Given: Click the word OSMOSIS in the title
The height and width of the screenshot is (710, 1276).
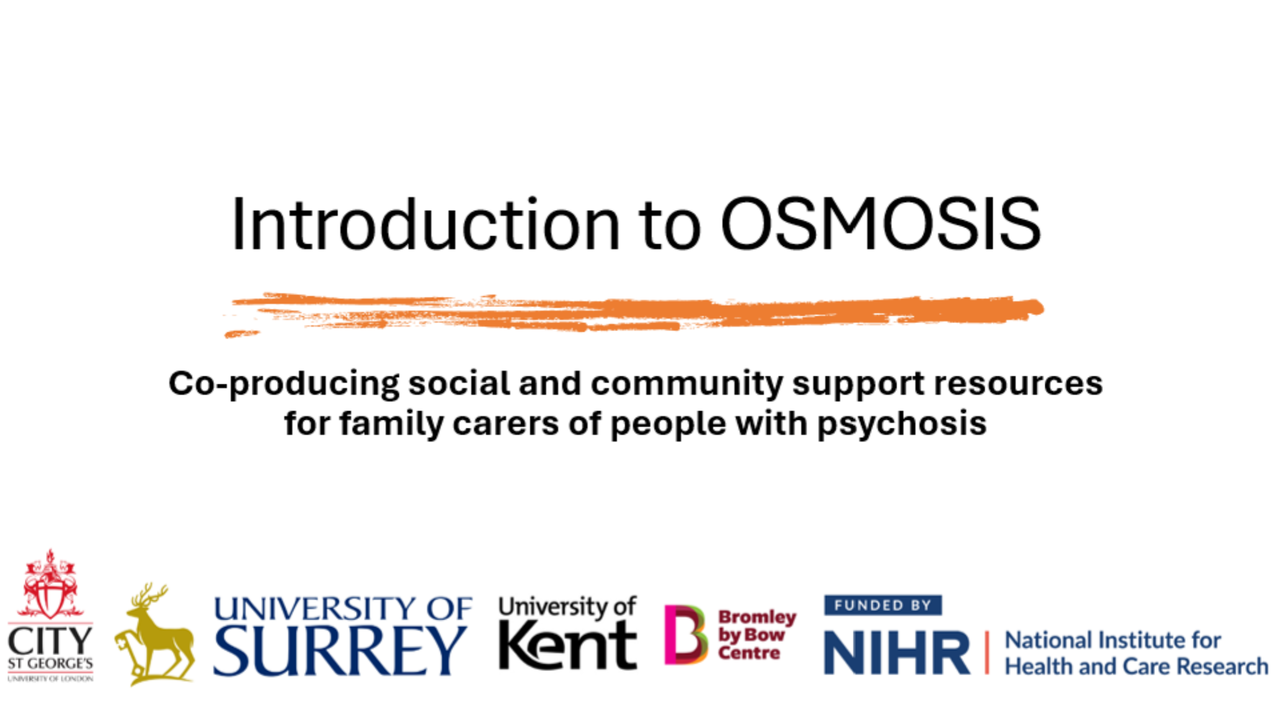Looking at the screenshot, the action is pyautogui.click(x=880, y=224).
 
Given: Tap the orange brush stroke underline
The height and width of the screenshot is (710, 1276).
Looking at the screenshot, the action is pyautogui.click(x=634, y=313).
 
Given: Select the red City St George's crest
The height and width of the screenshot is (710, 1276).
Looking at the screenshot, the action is pyautogui.click(x=50, y=584).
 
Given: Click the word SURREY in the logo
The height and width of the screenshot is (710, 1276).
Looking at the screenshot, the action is pyautogui.click(x=340, y=650).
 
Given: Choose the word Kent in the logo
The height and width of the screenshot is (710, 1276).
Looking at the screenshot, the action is pyautogui.click(x=568, y=646).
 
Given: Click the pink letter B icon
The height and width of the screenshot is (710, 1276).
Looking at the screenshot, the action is pyautogui.click(x=685, y=634).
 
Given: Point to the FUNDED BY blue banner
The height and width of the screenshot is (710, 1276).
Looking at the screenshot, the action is pyautogui.click(x=883, y=605).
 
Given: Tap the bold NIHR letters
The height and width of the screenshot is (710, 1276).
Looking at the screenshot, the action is pyautogui.click(x=897, y=653).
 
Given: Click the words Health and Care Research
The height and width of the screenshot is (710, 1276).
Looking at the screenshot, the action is pyautogui.click(x=1136, y=667).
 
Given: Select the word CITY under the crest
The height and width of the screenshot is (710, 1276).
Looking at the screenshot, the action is pyautogui.click(x=50, y=641).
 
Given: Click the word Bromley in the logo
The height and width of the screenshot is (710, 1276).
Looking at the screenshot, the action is pyautogui.click(x=757, y=617).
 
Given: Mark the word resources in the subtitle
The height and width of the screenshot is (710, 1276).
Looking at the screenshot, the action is pyautogui.click(x=1018, y=384).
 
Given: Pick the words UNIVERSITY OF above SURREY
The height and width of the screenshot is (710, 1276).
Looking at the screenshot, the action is pyautogui.click(x=342, y=608).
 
